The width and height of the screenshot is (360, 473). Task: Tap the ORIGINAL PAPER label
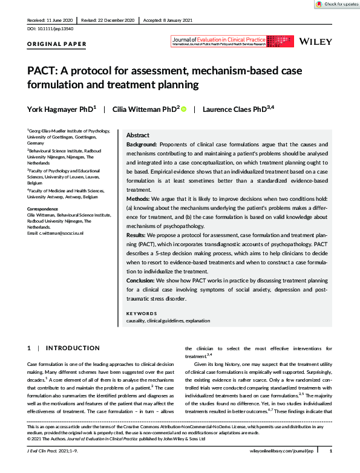57,44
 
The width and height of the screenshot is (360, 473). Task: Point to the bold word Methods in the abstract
138,198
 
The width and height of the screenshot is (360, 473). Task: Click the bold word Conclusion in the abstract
142,280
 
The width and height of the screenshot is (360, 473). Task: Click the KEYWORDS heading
142,313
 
